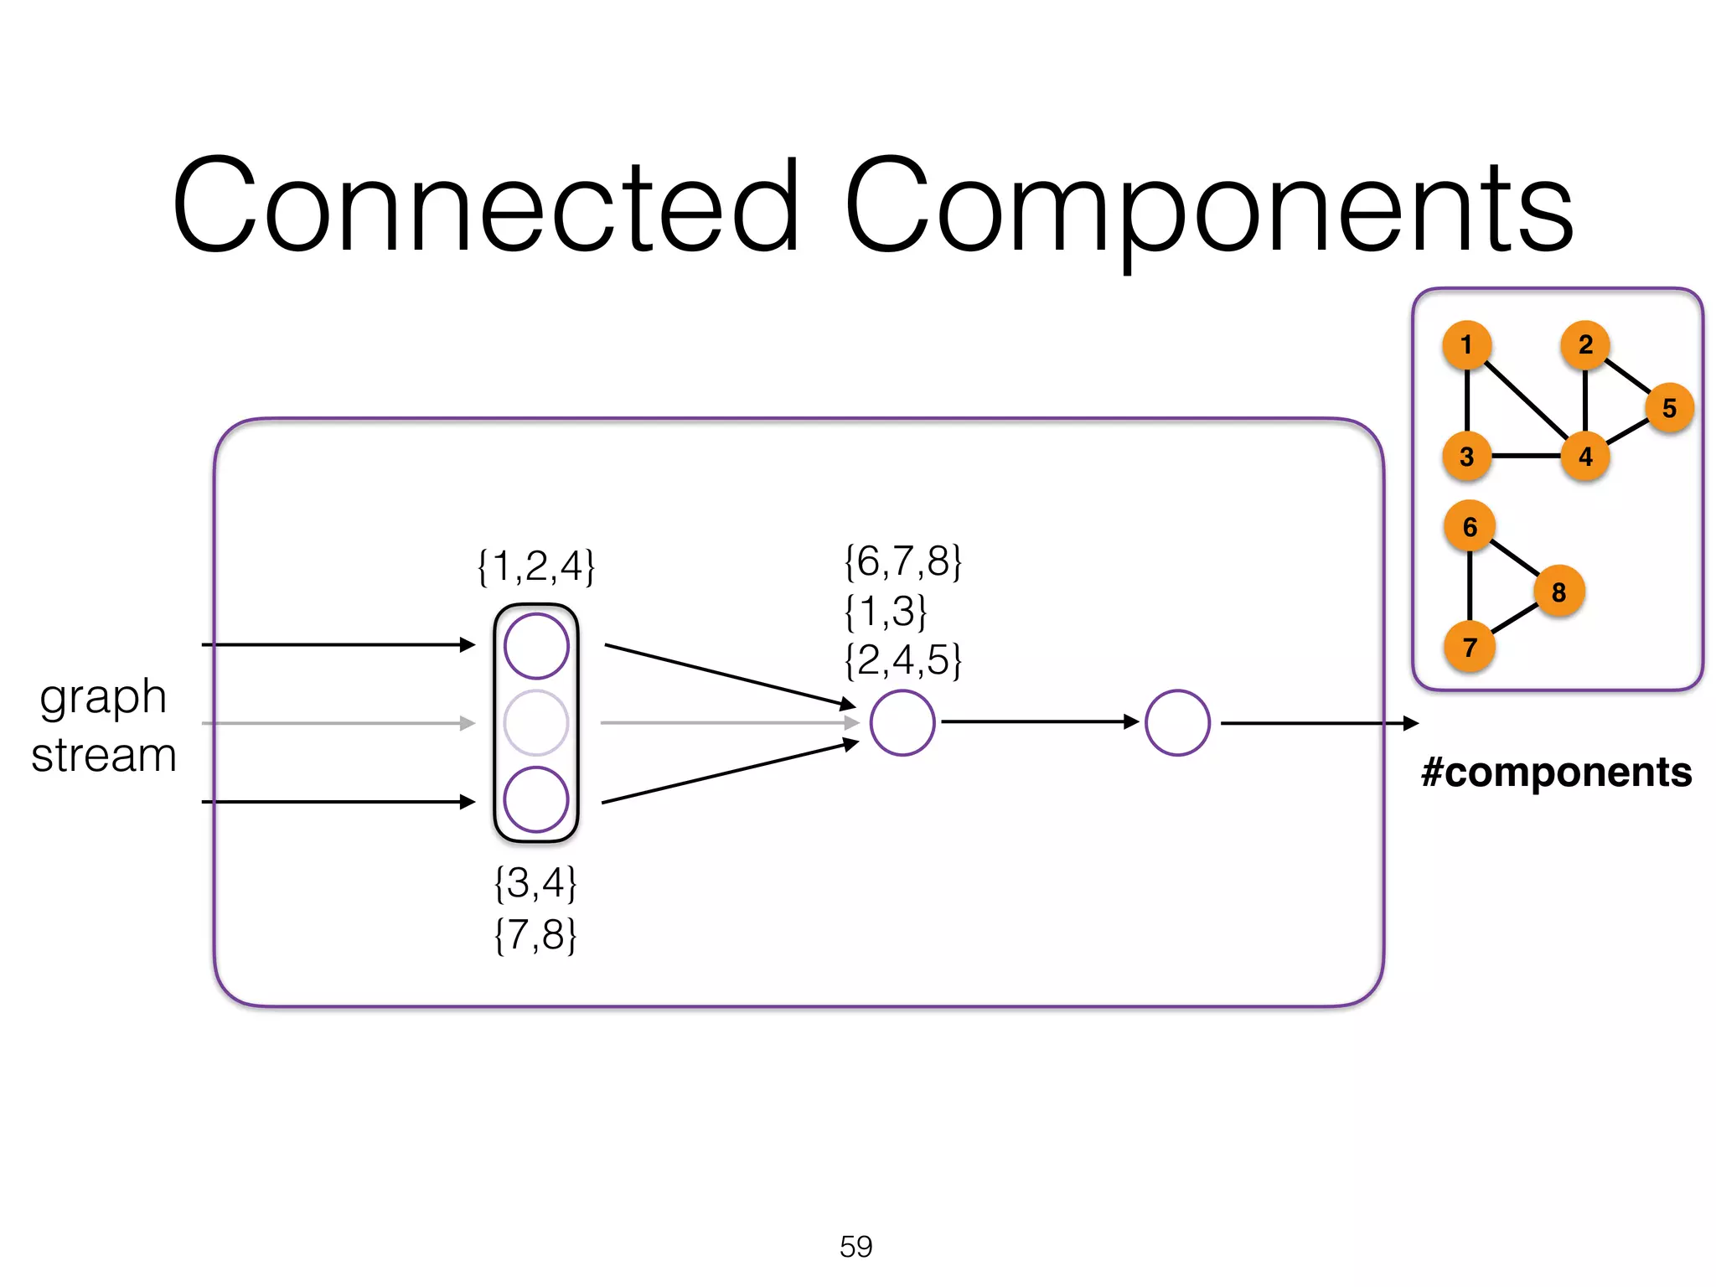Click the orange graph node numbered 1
pyautogui.click(x=1466, y=345)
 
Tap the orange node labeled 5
pyautogui.click(x=1669, y=408)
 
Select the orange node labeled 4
pyautogui.click(x=1585, y=457)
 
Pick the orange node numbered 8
pyautogui.click(x=1558, y=592)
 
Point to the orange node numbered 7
pyautogui.click(x=1470, y=647)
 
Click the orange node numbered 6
pyautogui.click(x=1470, y=527)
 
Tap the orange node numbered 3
pyautogui.click(x=1466, y=457)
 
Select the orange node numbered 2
pyautogui.click(x=1585, y=344)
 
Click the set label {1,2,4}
pyautogui.click(x=536, y=566)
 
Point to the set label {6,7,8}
pyautogui.click(x=903, y=561)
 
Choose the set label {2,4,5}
pyautogui.click(x=903, y=660)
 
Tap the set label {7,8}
pyautogui.click(x=535, y=934)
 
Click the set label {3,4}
pyautogui.click(x=535, y=883)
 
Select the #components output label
pyautogui.click(x=1556, y=772)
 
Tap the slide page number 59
pyautogui.click(x=855, y=1247)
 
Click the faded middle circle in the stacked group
pyautogui.click(x=536, y=723)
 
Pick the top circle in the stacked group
pyautogui.click(x=536, y=646)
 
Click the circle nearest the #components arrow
pyautogui.click(x=1177, y=723)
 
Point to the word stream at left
pyautogui.click(x=104, y=755)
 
